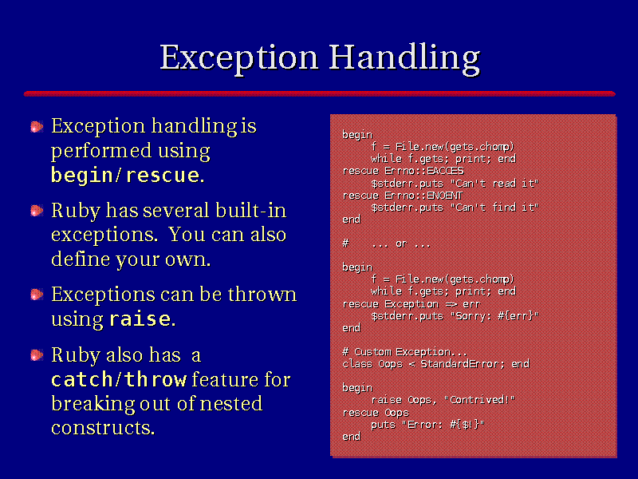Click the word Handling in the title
point(404,58)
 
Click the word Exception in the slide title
point(238,58)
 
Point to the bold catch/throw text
point(119,380)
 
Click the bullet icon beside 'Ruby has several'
point(37,211)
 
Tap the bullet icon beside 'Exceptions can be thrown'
point(37,294)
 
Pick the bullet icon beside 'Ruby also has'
point(37,355)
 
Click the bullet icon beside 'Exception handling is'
point(37,127)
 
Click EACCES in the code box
point(445,171)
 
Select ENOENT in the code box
point(444,196)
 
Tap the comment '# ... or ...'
point(386,243)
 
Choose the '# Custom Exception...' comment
point(404,351)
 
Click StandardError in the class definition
point(463,364)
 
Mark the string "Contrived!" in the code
point(479,400)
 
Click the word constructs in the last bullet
point(103,428)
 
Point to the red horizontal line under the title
point(320,93)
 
